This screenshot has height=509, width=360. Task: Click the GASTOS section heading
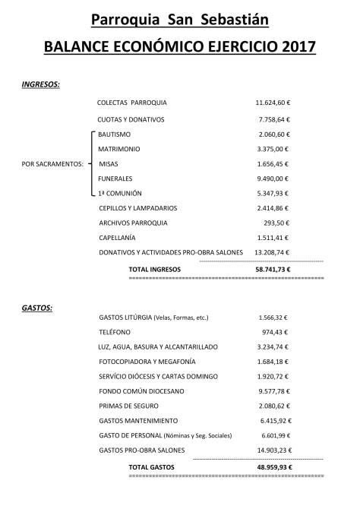click(x=37, y=308)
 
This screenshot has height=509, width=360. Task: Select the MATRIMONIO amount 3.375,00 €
click(x=276, y=148)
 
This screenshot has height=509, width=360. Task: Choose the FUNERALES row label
click(x=118, y=178)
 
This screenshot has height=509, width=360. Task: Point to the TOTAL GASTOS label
click(x=152, y=466)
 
